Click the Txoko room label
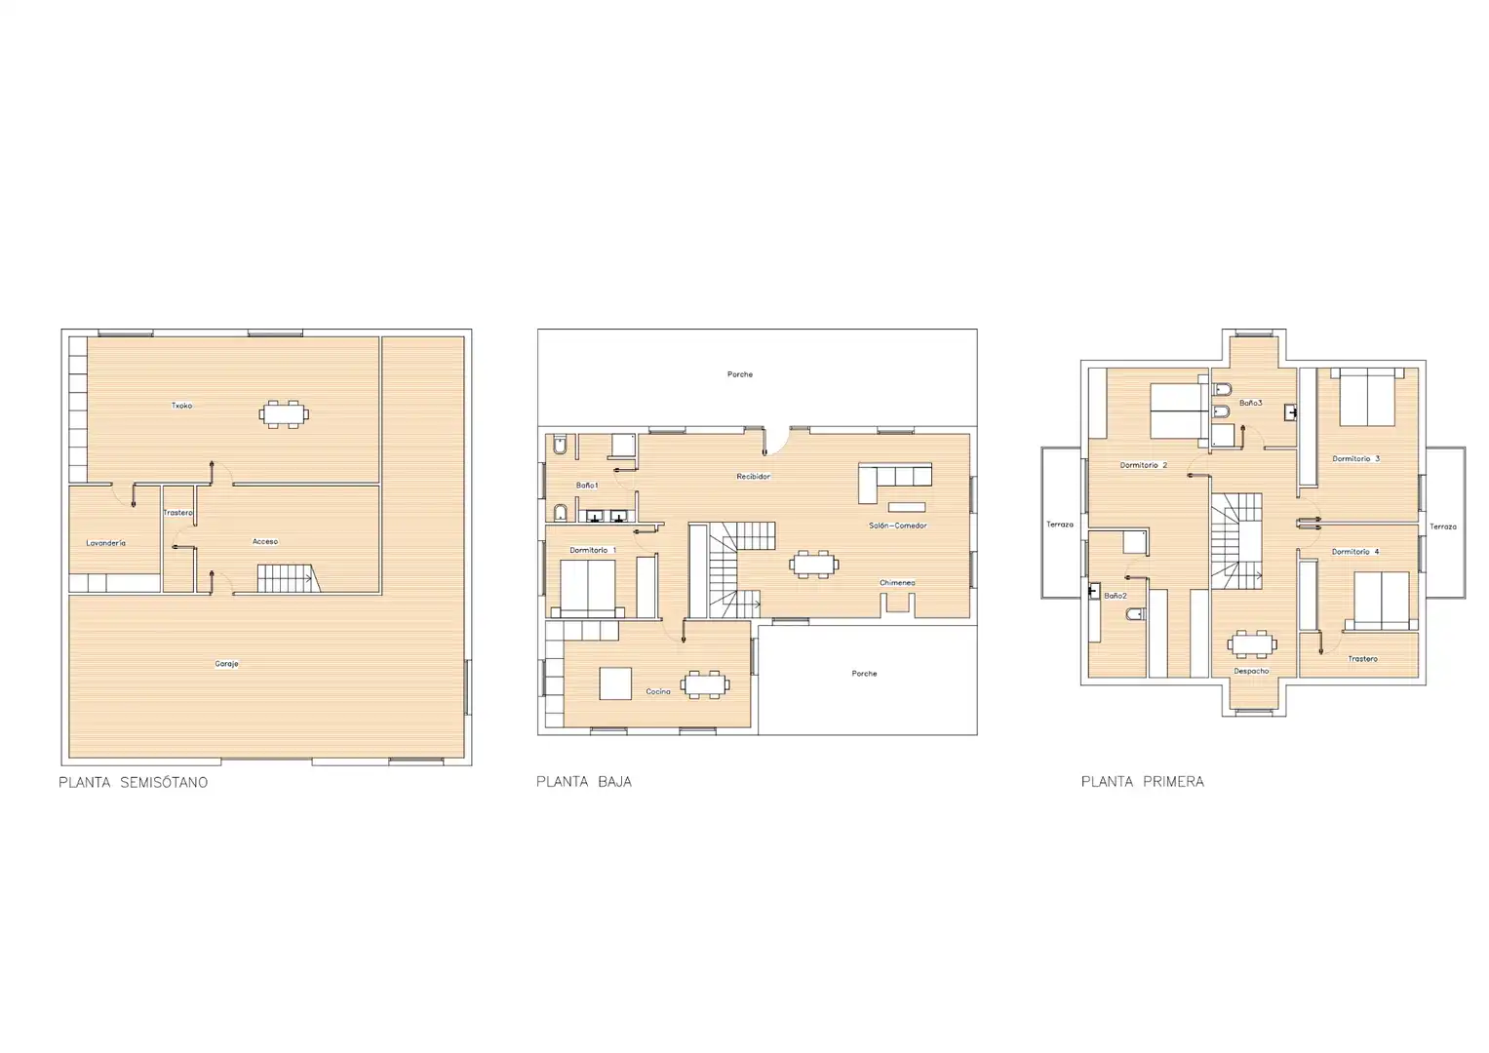pyautogui.click(x=181, y=406)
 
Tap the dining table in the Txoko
pyautogui.click(x=284, y=414)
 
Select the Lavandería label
pyautogui.click(x=105, y=543)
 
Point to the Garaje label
pyautogui.click(x=226, y=663)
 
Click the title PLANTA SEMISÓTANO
pyautogui.click(x=133, y=782)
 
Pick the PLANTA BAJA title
pyautogui.click(x=584, y=782)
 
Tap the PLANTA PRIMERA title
pyautogui.click(x=1142, y=782)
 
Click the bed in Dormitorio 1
pyautogui.click(x=592, y=589)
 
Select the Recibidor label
pyautogui.click(x=753, y=477)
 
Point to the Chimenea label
pyautogui.click(x=897, y=583)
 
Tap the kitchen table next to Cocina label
pyautogui.click(x=705, y=684)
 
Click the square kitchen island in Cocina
pyautogui.click(x=615, y=683)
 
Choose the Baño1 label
pyautogui.click(x=587, y=486)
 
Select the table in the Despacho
pyautogui.click(x=1252, y=644)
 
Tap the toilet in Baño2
pyautogui.click(x=1135, y=614)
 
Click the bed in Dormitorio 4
pyautogui.click(x=1379, y=601)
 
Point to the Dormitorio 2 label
pyautogui.click(x=1144, y=465)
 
